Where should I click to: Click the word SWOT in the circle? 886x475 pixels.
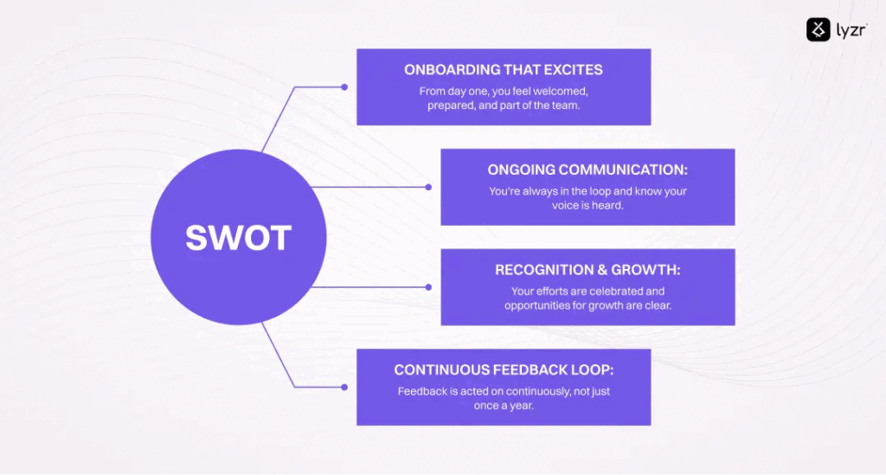pos(238,238)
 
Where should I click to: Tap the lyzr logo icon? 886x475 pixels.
pos(819,30)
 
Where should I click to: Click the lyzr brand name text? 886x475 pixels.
pos(850,30)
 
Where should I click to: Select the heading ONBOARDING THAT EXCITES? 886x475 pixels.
pos(503,69)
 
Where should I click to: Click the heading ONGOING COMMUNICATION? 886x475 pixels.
pos(587,170)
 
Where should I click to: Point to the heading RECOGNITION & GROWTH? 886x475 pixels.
pos(587,270)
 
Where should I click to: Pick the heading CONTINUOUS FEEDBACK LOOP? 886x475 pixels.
pos(504,370)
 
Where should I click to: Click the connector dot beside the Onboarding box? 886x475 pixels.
pos(344,87)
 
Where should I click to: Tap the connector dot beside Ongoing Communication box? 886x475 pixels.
pos(428,186)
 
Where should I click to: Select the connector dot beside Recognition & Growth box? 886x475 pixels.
pos(428,286)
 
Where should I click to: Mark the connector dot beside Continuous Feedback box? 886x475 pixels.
pos(344,387)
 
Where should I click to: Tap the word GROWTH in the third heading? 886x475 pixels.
pos(648,270)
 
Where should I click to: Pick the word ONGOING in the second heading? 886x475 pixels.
pos(521,170)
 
